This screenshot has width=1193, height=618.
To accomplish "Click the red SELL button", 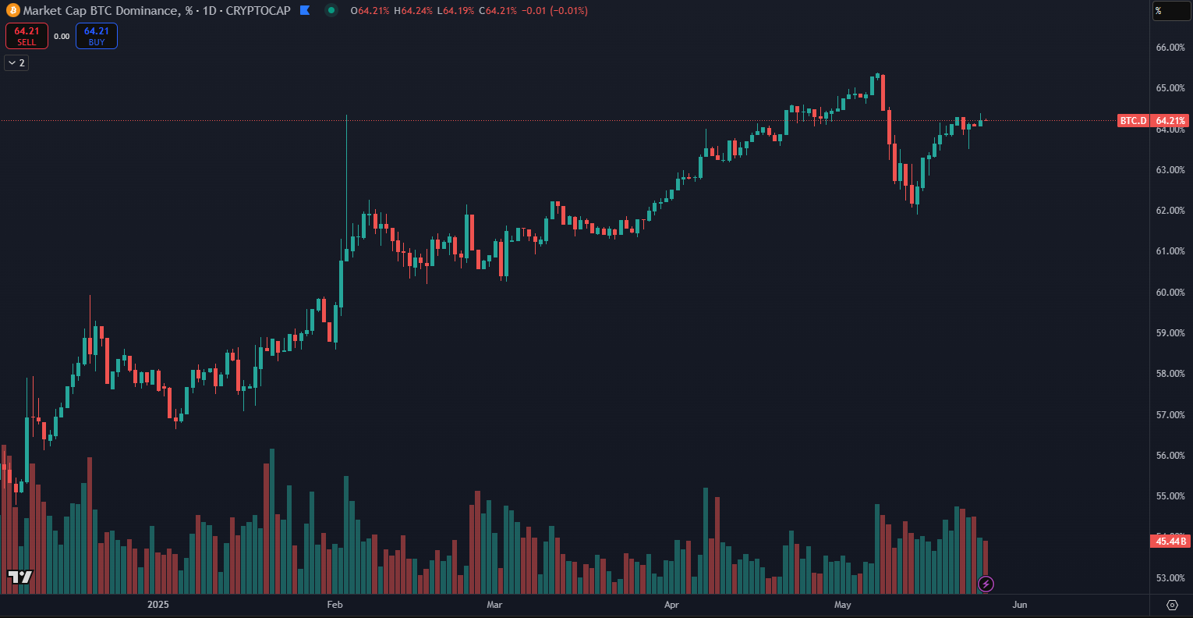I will [x=27, y=36].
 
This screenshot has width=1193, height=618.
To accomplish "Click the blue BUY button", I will [x=97, y=36].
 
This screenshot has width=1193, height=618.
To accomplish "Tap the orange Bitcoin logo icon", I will [x=12, y=11].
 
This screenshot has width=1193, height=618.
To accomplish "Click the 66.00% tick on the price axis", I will [x=1170, y=48].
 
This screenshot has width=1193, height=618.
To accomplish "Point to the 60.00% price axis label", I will [x=1170, y=293].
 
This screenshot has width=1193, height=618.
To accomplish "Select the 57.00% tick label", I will [x=1170, y=415].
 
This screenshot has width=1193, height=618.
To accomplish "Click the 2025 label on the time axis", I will [x=158, y=605].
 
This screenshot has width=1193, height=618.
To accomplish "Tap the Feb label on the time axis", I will [x=335, y=605].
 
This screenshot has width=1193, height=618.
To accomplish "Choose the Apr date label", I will [x=671, y=605].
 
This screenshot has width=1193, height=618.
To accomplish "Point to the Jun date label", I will [x=1020, y=605].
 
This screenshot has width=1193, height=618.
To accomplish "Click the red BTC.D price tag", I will [x=1134, y=121].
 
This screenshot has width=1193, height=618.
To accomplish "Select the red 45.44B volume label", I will [x=1171, y=542].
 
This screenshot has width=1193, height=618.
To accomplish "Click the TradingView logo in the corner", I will [x=20, y=577].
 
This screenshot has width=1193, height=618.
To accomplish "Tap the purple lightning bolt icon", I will [x=986, y=584].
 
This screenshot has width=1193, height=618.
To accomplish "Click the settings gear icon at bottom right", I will [x=1172, y=605].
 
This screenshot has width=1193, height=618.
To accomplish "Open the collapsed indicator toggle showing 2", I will [x=16, y=62].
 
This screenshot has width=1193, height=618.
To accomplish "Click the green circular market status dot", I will [x=331, y=11].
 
